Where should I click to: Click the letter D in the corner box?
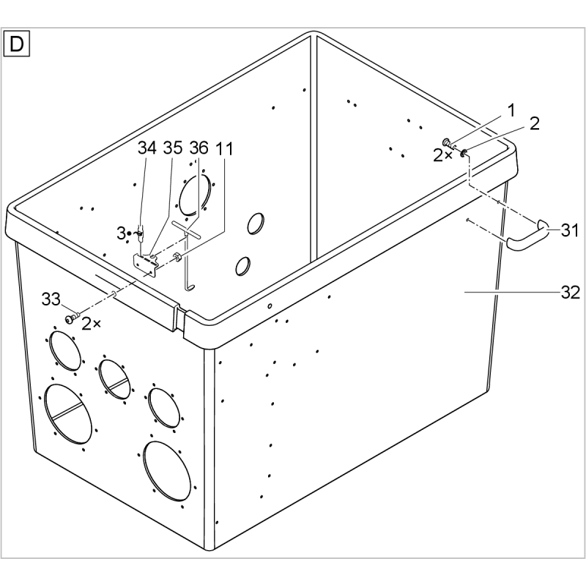pos(16,44)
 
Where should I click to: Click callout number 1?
pos(511,111)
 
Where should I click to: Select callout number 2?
pos(535,124)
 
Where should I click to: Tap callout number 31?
pos(570,231)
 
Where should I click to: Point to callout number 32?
pos(571,292)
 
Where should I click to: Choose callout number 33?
pos(51,300)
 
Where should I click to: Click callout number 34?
pos(147,149)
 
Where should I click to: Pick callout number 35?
pos(173,149)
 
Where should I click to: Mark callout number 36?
pos(199,149)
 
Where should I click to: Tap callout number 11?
pos(224,149)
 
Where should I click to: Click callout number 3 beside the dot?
pos(121,234)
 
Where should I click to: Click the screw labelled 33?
pos(72,319)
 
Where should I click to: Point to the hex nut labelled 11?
pos(176,257)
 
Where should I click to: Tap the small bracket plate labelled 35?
pos(145,264)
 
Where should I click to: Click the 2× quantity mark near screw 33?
pos(91,324)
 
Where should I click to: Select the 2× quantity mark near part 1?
pos(442,155)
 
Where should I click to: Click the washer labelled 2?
pos(464,152)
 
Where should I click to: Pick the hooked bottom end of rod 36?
pos(190,286)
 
